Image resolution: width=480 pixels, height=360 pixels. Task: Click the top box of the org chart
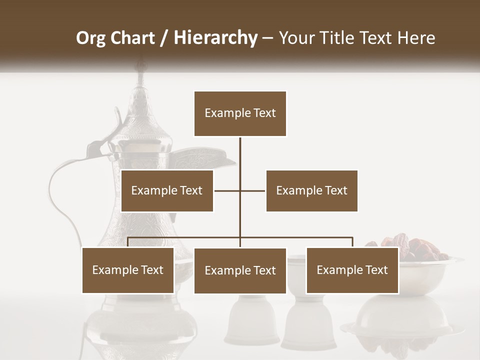pyautogui.click(x=240, y=113)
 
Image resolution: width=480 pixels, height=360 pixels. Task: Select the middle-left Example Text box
pyautogui.click(x=167, y=190)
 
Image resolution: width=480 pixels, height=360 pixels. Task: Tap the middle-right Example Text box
pyautogui.click(x=311, y=190)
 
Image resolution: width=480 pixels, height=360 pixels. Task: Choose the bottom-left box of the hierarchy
pyautogui.click(x=128, y=270)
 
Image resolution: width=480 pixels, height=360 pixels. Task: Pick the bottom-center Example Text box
pyautogui.click(x=240, y=270)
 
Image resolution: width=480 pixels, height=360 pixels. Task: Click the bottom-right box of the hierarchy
pyautogui.click(x=352, y=270)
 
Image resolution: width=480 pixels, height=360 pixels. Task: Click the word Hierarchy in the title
pyautogui.click(x=215, y=38)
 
